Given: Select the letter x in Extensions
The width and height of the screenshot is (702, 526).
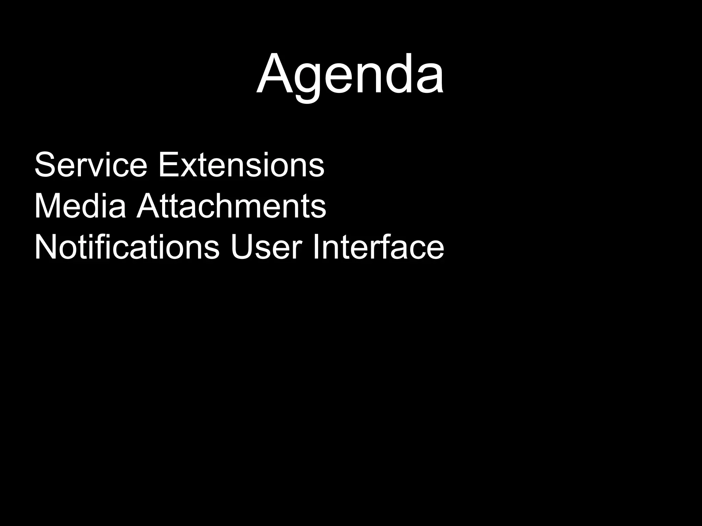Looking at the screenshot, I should pos(187,168).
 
